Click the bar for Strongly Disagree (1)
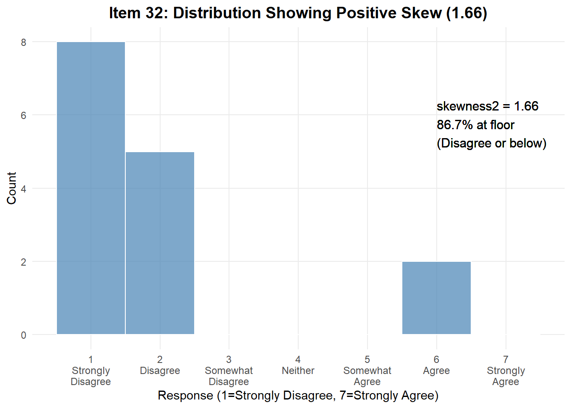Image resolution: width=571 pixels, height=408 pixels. [91, 188]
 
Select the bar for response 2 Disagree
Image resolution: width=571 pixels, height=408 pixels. [160, 243]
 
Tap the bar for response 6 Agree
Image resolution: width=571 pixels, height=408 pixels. [436, 298]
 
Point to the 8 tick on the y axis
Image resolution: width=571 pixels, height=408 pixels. [23, 42]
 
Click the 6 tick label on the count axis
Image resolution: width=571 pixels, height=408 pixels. [23, 116]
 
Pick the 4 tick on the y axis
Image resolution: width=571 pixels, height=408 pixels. [23, 189]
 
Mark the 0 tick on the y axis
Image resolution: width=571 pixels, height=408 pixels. [23, 335]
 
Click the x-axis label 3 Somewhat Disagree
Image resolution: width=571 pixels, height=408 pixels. [229, 371]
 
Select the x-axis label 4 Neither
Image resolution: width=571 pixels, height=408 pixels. [298, 365]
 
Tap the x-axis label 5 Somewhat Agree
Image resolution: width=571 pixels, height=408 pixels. [367, 371]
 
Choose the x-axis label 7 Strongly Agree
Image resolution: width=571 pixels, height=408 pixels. [506, 371]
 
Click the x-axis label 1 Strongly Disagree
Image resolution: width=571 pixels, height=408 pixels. [91, 371]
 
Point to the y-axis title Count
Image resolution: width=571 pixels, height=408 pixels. [11, 188]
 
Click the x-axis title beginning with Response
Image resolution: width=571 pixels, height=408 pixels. [298, 396]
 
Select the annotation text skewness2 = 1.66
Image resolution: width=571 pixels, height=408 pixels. [487, 106]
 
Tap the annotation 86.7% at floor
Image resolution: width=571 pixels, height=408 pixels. [475, 125]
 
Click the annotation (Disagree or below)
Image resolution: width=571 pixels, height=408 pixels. [492, 143]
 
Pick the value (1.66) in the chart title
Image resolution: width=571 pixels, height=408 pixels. [466, 13]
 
